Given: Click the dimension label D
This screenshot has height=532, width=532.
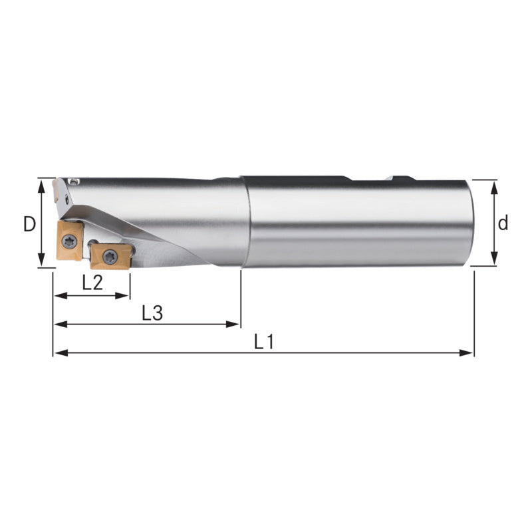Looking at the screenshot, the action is click(29, 224).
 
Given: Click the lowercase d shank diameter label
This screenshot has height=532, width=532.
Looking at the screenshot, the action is click(503, 223).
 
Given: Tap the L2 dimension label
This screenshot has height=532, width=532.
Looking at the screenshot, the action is click(92, 282).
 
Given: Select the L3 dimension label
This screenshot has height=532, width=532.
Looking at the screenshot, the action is click(152, 313).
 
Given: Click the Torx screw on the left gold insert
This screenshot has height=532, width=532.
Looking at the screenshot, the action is click(70, 241).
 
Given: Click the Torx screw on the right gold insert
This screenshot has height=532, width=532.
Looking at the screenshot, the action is click(110, 257).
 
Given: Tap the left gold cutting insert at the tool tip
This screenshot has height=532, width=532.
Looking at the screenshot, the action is click(70, 241).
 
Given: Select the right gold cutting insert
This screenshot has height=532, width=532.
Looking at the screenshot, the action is click(110, 257).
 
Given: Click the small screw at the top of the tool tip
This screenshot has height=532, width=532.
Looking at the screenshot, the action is click(74, 181).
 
